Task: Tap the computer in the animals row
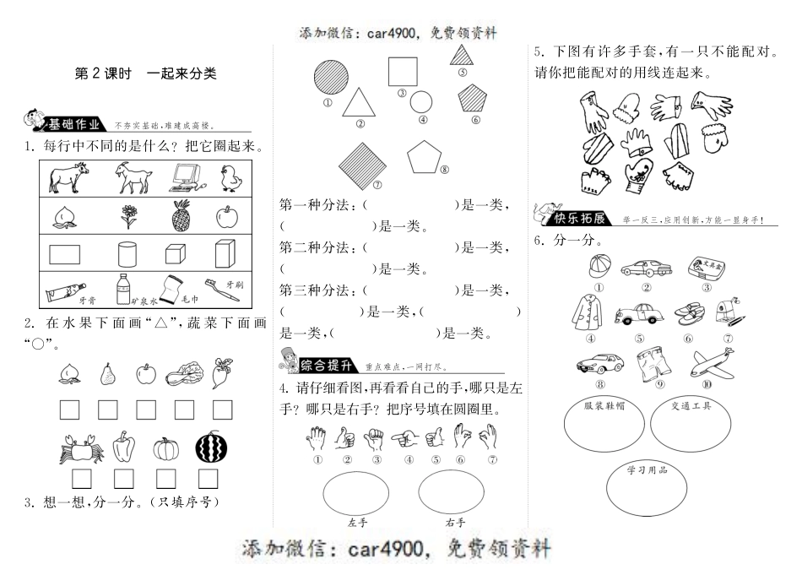(187, 176)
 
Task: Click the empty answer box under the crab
(82, 479)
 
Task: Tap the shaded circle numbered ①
(326, 80)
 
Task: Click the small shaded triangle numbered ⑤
(462, 56)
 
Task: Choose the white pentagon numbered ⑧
(424, 156)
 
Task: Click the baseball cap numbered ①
(597, 268)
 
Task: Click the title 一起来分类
(181, 73)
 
